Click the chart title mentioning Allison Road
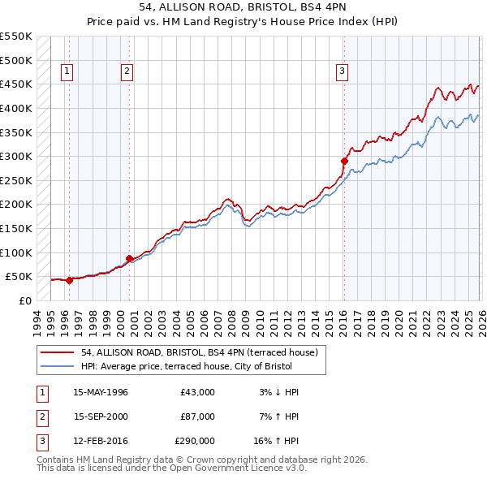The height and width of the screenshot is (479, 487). coord(243,8)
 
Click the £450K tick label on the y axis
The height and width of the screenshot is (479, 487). coord(16,84)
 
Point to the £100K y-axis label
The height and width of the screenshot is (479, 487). coord(16,252)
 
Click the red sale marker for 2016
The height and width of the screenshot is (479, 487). coord(344,162)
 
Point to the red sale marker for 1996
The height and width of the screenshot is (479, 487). coord(69,280)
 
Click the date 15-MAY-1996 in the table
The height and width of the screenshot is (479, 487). coord(101,392)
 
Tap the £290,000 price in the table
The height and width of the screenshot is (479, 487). coord(195,442)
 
